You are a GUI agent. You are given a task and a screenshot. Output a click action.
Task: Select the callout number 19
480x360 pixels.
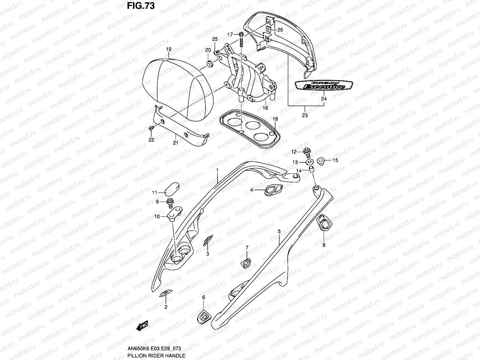point(168,49)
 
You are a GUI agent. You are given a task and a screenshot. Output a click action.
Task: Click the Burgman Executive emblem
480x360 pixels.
point(320,85)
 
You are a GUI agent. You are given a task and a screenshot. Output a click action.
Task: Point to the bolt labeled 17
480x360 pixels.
point(241,39)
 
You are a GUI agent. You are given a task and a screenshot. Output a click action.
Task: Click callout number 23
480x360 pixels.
point(305,115)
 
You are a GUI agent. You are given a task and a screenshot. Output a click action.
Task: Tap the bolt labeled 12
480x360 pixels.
point(307,152)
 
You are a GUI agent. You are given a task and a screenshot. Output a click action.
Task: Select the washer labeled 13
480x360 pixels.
point(308,162)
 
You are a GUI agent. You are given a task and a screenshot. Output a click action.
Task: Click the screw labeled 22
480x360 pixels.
point(151,128)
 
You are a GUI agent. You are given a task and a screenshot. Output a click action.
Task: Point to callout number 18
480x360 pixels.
point(275,119)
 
